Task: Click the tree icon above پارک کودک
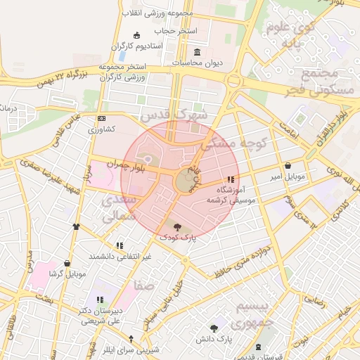176,226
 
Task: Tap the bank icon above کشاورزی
102,118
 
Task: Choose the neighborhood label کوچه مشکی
235,143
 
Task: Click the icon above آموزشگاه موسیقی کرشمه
231,179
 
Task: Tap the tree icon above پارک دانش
214,328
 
